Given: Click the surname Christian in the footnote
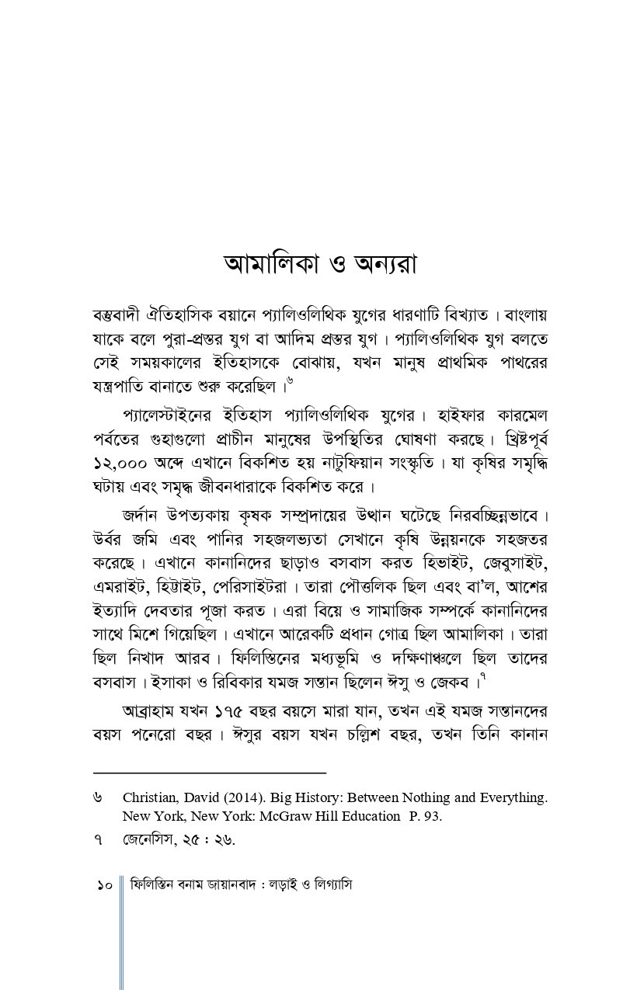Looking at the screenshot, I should pos(152,797).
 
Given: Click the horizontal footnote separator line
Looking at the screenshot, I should pos(209,773).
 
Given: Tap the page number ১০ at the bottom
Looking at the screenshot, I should pos(106,885).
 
